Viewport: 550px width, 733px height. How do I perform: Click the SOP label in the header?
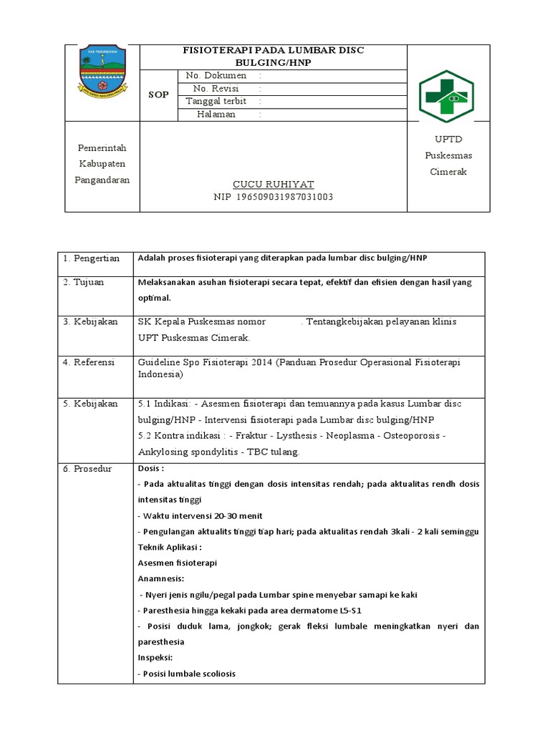tap(158, 94)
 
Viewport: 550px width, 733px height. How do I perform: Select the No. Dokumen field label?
tap(216, 75)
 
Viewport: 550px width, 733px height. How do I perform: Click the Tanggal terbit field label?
tap(216, 101)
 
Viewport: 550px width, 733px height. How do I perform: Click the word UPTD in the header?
tap(449, 139)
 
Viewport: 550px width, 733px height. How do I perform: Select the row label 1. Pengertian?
tap(91, 258)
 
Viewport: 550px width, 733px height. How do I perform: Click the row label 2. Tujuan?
tap(84, 282)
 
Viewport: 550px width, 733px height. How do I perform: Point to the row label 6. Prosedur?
tap(88, 468)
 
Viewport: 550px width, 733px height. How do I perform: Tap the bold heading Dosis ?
tap(150, 468)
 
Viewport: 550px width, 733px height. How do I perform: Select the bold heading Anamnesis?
tap(160, 578)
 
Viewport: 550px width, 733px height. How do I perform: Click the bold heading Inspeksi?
tap(155, 657)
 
